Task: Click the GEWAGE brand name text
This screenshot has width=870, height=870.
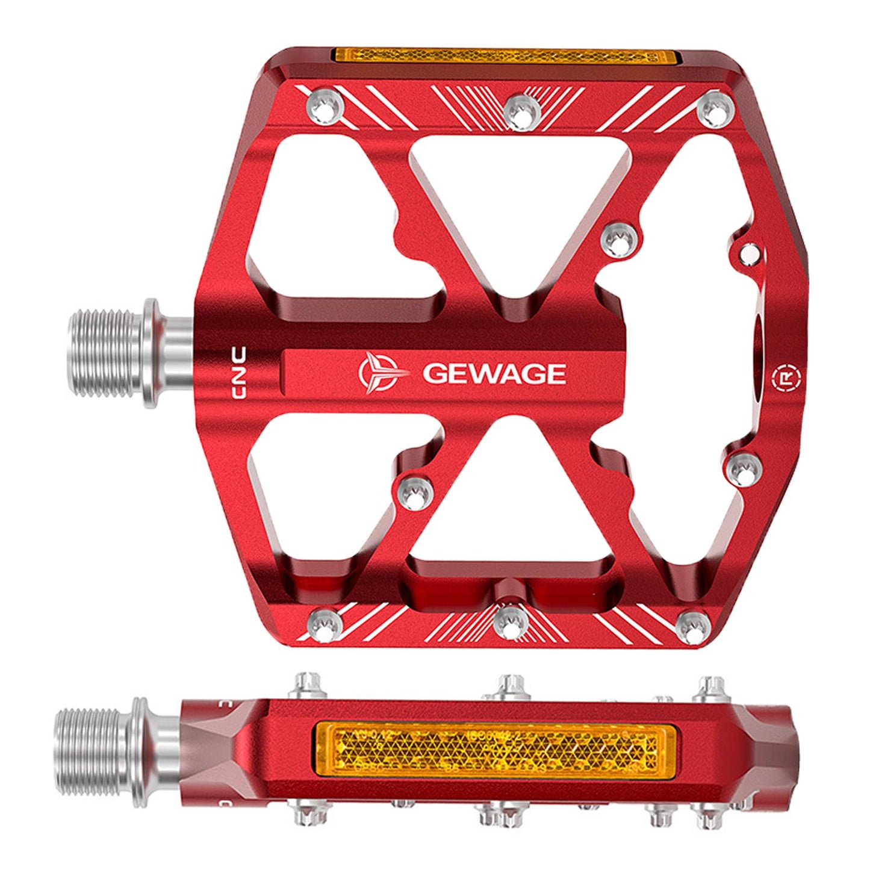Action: [x=494, y=373]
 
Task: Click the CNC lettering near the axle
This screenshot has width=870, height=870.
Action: [x=239, y=372]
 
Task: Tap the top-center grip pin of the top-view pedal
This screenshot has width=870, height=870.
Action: [x=521, y=109]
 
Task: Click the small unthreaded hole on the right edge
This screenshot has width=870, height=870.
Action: [x=750, y=254]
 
